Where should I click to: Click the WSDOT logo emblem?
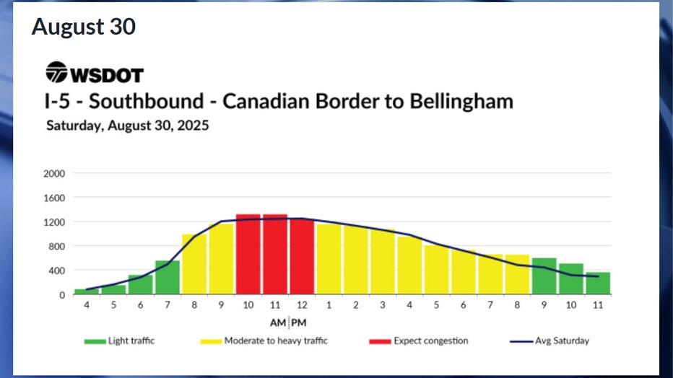tap(56, 73)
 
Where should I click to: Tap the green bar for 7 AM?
tap(168, 278)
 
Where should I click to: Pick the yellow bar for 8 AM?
tap(194, 264)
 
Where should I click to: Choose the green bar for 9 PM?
tap(544, 276)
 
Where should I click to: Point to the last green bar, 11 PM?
tap(598, 283)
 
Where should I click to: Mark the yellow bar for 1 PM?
tap(329, 259)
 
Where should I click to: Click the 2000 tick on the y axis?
tap(55, 173)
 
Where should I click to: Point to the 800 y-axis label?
tap(57, 246)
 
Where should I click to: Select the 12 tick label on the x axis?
tap(302, 306)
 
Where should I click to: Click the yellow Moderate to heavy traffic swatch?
tap(207, 340)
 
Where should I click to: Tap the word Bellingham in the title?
tap(463, 100)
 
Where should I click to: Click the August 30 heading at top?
tap(83, 27)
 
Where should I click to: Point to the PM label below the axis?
tap(299, 322)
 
